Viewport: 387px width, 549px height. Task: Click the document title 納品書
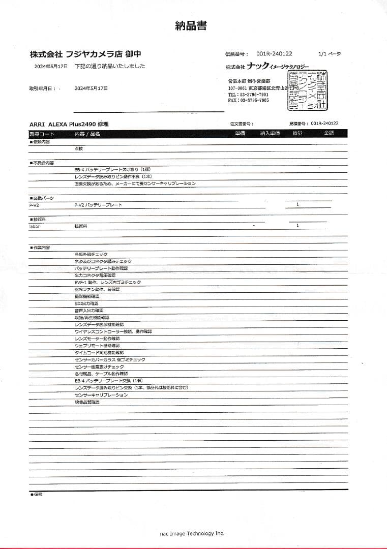(x=191, y=26)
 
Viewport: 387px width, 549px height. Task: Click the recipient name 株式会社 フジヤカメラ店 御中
(x=85, y=53)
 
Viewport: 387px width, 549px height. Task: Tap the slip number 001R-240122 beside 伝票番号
(x=274, y=54)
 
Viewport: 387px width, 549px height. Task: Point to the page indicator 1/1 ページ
(x=329, y=54)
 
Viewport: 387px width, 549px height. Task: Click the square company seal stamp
(x=308, y=91)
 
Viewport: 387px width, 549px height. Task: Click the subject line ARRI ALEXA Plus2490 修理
(x=69, y=124)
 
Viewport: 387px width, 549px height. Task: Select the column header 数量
(x=297, y=133)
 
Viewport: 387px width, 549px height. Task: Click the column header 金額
(x=329, y=133)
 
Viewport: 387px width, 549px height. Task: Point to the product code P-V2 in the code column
(x=35, y=205)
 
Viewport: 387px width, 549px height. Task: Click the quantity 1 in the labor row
(x=297, y=225)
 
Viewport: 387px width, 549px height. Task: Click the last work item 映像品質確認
(x=87, y=402)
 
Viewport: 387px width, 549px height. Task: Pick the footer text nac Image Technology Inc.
(x=192, y=533)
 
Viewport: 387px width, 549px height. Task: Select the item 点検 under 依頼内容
(x=78, y=148)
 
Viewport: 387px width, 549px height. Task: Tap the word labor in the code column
(x=35, y=226)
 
